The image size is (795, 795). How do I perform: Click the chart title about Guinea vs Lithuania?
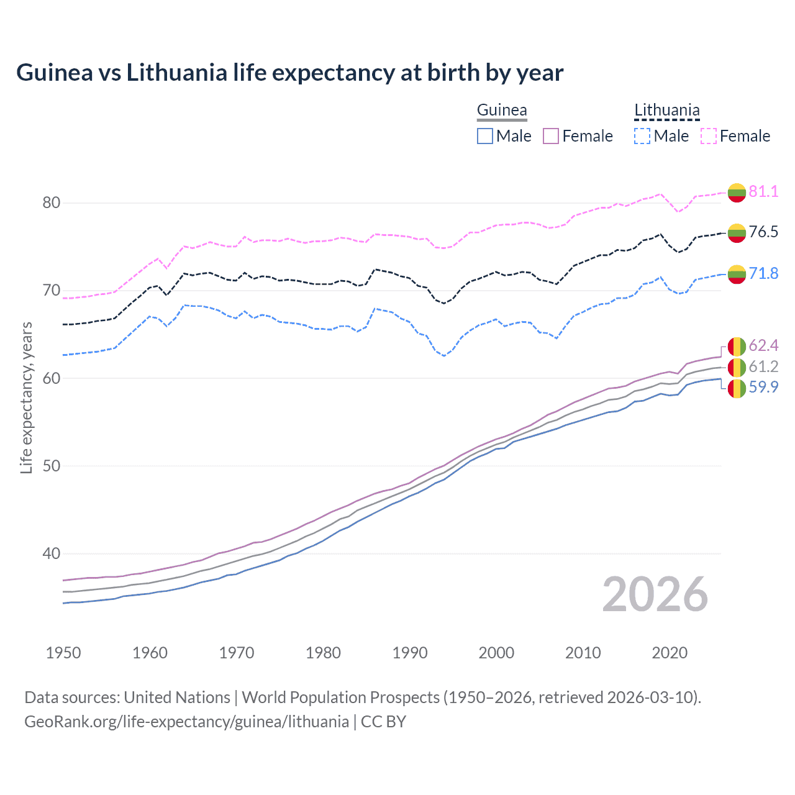289,73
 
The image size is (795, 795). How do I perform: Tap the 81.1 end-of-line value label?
763,191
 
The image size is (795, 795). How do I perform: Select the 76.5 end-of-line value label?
763,232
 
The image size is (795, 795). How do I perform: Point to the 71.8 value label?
763,273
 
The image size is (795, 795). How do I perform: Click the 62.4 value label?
763,345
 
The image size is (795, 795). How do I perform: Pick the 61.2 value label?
763,366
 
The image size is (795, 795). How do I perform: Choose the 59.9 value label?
763,387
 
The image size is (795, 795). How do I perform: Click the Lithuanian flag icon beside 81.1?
737,193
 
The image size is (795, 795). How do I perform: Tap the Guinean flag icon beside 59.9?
737,389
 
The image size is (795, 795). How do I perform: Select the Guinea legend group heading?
502,111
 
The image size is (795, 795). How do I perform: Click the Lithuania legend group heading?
666,111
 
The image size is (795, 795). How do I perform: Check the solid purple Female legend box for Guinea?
551,136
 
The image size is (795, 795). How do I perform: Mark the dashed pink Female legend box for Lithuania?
709,136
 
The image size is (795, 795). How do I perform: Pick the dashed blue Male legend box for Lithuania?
642,136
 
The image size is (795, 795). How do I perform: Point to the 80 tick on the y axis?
52,203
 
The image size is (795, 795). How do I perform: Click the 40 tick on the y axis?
52,553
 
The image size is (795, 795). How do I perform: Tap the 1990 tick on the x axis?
410,653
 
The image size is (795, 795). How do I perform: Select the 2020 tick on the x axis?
670,653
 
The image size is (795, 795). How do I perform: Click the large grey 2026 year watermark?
655,594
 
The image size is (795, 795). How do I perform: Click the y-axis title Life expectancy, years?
26,397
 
